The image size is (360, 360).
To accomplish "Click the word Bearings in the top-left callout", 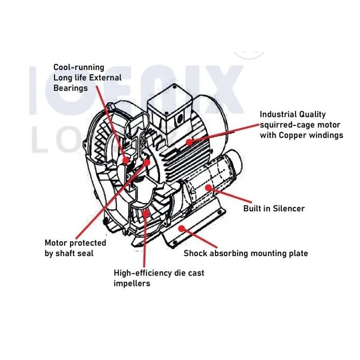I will (x=71, y=88).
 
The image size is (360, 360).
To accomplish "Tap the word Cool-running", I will (x=79, y=67).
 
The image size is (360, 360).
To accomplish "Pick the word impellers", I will (x=132, y=283).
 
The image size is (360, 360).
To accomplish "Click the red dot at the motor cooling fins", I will (x=189, y=141).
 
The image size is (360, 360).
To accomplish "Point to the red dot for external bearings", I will (x=126, y=159).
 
